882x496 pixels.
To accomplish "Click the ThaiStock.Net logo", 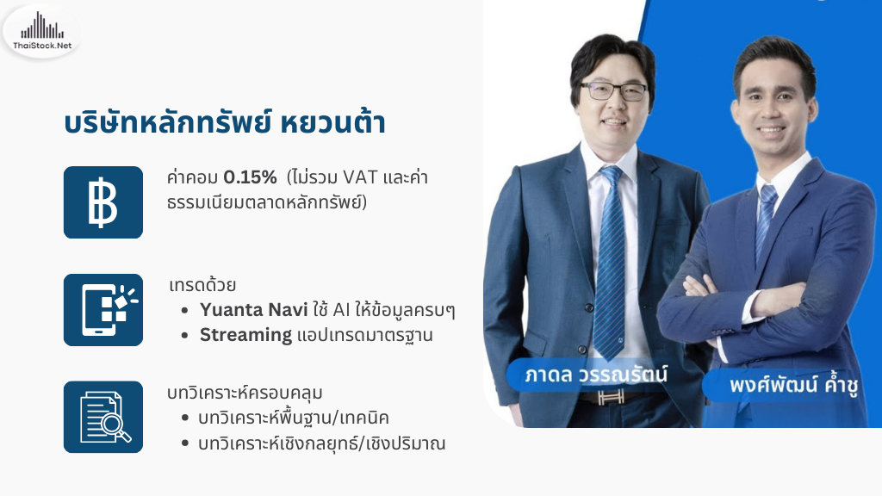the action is click(41, 32).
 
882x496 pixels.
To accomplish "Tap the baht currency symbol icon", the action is click(103, 202).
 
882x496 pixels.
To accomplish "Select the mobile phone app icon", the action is click(103, 310).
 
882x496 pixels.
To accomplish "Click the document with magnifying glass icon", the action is click(103, 417).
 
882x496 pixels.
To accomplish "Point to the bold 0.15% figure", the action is click(251, 177).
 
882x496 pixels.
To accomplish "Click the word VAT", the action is click(360, 177).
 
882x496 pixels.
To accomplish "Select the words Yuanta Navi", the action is click(254, 310).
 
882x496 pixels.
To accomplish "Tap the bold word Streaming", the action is click(245, 335).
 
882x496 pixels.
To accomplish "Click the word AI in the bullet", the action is click(341, 310).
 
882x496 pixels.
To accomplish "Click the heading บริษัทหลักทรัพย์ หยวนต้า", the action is click(225, 122).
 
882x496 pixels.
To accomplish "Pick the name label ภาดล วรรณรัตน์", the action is click(596, 375).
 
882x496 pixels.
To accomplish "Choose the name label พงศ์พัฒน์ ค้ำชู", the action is click(793, 385).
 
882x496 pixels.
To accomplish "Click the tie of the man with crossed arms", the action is click(766, 220).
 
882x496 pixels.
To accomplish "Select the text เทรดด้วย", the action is click(202, 284).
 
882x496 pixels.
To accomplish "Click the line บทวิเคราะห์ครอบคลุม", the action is click(245, 393).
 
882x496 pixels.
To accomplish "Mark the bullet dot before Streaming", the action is click(184, 336).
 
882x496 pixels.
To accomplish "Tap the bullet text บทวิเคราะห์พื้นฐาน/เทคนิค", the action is click(294, 418).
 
